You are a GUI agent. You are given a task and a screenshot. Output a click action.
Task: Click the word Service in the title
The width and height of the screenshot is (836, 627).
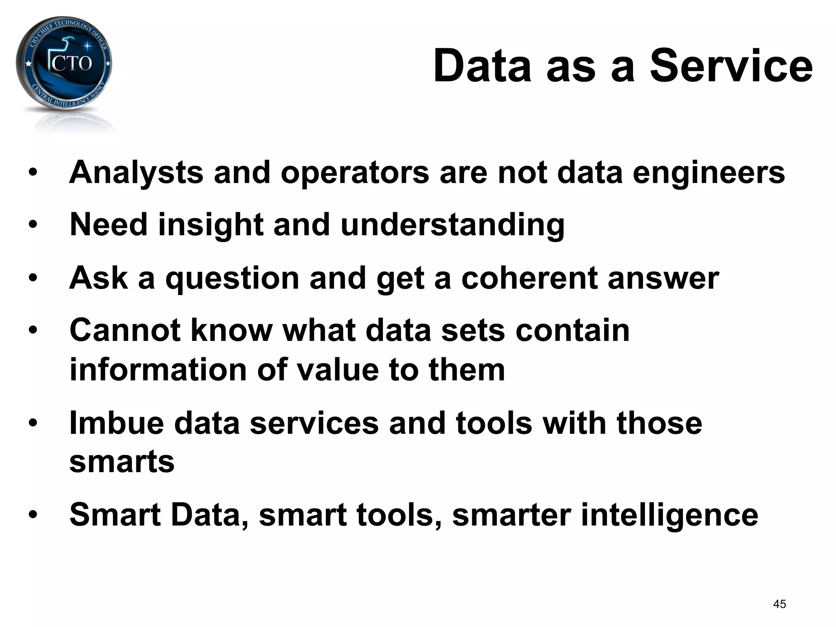coord(731,66)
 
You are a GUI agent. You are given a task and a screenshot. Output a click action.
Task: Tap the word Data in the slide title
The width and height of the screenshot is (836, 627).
coord(482,66)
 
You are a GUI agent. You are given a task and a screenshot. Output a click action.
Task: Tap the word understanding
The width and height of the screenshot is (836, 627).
coord(452,225)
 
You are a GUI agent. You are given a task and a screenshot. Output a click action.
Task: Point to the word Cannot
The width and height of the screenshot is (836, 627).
coord(125,330)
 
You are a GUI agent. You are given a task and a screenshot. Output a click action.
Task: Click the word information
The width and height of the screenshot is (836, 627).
coord(158,370)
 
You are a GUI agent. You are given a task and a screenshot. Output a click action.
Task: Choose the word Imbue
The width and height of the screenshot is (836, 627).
coord(117,423)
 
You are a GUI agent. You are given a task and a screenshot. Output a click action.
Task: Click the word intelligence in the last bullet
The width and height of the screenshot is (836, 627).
coord(669,515)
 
